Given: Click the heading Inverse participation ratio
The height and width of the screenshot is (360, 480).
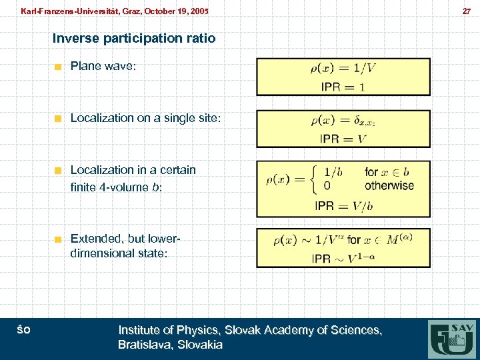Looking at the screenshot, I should click(x=134, y=38).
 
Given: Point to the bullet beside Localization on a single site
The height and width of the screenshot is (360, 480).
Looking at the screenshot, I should click(x=59, y=119).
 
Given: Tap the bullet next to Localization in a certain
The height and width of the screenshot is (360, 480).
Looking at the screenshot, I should click(x=59, y=171).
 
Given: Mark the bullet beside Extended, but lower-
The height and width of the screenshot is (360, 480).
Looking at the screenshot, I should click(x=59, y=239).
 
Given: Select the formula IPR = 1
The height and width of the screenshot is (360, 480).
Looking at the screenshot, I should click(x=343, y=87).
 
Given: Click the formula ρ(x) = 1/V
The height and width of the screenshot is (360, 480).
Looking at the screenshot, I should click(x=343, y=68).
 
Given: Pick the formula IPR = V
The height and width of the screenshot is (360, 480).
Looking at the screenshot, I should click(x=343, y=139).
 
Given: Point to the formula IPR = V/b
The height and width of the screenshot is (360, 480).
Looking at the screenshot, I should click(x=343, y=207).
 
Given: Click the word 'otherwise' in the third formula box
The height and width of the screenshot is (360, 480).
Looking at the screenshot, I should click(x=389, y=186).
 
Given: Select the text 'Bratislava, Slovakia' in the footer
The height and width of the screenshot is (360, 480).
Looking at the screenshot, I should click(x=170, y=345).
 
